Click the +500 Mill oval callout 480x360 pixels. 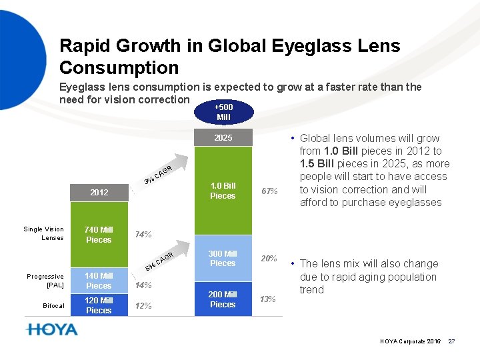coord(223,112)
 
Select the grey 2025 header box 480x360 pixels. coord(223,138)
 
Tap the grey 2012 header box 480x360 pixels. coord(99,192)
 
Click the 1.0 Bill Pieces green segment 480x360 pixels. coord(223,191)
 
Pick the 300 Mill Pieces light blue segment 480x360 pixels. coord(223,259)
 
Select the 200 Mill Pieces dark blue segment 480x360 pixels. coord(223,299)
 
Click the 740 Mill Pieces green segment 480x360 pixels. coord(99,235)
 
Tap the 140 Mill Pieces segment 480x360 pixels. coord(99,281)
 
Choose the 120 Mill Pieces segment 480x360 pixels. coord(99,305)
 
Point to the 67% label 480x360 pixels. coord(269,191)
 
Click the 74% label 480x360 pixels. coord(143,235)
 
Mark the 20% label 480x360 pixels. coord(269,259)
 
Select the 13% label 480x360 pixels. coord(267,299)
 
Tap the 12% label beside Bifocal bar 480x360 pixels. coord(143,306)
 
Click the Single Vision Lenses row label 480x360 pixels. coord(44,233)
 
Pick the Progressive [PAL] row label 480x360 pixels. coord(45,281)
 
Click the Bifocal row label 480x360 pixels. coord(53,306)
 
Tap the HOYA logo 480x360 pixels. coord(51,329)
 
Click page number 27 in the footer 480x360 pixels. coord(451,341)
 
